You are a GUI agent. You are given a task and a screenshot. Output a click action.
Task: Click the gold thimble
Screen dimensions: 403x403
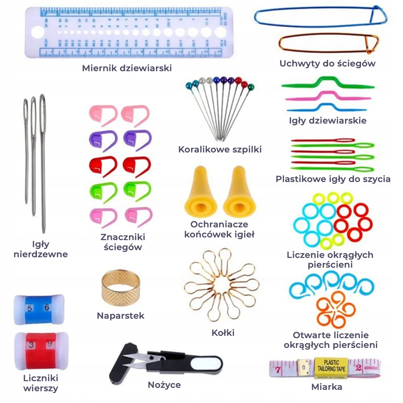120,289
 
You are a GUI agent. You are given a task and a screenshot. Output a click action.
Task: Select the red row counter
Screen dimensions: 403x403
41,349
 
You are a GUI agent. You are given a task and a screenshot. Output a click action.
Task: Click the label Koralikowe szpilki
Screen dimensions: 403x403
220,149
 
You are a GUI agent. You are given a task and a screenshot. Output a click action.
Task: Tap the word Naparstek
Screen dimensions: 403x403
121,316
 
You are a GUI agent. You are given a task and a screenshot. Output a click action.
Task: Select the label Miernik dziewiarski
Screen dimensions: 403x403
127,68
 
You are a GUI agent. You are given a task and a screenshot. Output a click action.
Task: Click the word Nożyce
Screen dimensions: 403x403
164,385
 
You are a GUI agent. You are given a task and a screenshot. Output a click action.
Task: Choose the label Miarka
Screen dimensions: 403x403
327,387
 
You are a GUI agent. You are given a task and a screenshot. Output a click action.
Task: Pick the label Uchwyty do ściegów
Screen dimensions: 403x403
327,63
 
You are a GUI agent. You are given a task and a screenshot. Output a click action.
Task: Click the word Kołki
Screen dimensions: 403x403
223,333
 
